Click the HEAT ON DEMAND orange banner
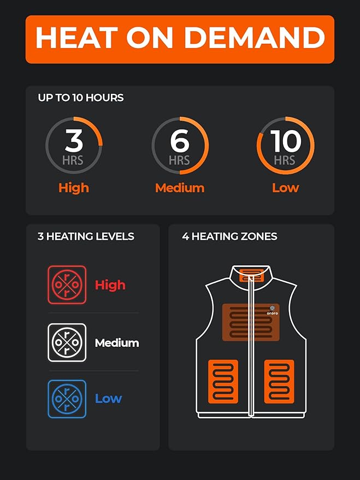180,39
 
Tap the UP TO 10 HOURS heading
81,98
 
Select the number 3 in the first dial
74,140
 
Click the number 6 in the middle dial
179,141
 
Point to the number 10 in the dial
285,141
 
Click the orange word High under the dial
74,188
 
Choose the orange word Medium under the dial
180,188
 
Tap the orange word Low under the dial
285,188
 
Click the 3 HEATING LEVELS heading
86,236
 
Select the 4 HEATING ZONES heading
229,236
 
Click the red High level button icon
67,285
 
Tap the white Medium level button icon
67,342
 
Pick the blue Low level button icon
67,399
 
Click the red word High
110,285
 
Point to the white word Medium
117,343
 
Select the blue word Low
108,399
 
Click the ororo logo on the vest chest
273,310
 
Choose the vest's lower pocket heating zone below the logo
279,381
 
